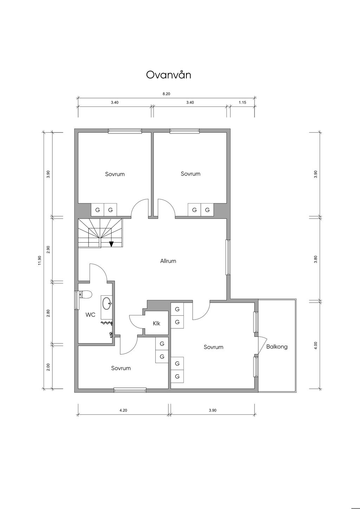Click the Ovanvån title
click(x=168, y=75)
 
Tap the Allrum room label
click(x=168, y=261)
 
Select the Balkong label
click(x=277, y=347)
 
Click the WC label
click(x=90, y=315)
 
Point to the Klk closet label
click(x=156, y=323)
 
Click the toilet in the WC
click(x=85, y=295)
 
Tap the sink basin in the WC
click(x=107, y=303)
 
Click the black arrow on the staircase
click(x=111, y=244)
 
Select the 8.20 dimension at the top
click(x=166, y=94)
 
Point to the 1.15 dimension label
click(x=243, y=103)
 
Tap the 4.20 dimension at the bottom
click(x=123, y=410)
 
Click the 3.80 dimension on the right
click(x=315, y=259)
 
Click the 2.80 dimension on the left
click(x=48, y=313)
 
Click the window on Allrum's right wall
click(x=228, y=257)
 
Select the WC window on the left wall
click(x=77, y=300)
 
